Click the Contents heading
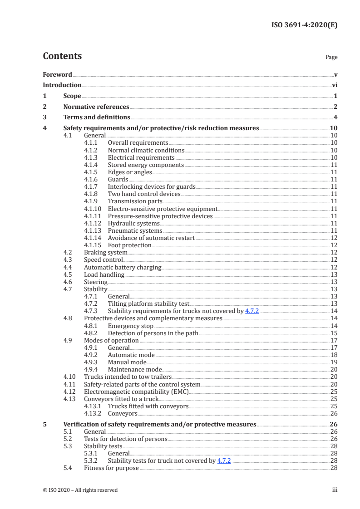point(62,56)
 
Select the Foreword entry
point(57,74)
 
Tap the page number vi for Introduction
point(334,85)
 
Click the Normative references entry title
point(96,107)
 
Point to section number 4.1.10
point(93,209)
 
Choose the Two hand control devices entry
point(144,194)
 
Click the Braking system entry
point(106,252)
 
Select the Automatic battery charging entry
point(123,267)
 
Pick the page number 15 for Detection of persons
point(334,333)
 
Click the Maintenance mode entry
point(133,369)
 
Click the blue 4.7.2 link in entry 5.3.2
point(224,460)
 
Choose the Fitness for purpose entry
point(111,468)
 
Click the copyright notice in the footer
point(80,490)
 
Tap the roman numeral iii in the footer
point(335,490)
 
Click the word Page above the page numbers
point(331,58)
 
